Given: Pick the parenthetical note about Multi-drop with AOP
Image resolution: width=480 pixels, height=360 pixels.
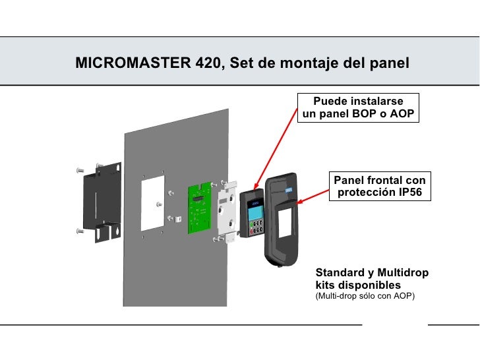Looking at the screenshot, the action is coord(366,296).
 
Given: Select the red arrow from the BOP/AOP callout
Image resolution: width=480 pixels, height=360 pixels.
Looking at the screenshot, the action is coord(274,148).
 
